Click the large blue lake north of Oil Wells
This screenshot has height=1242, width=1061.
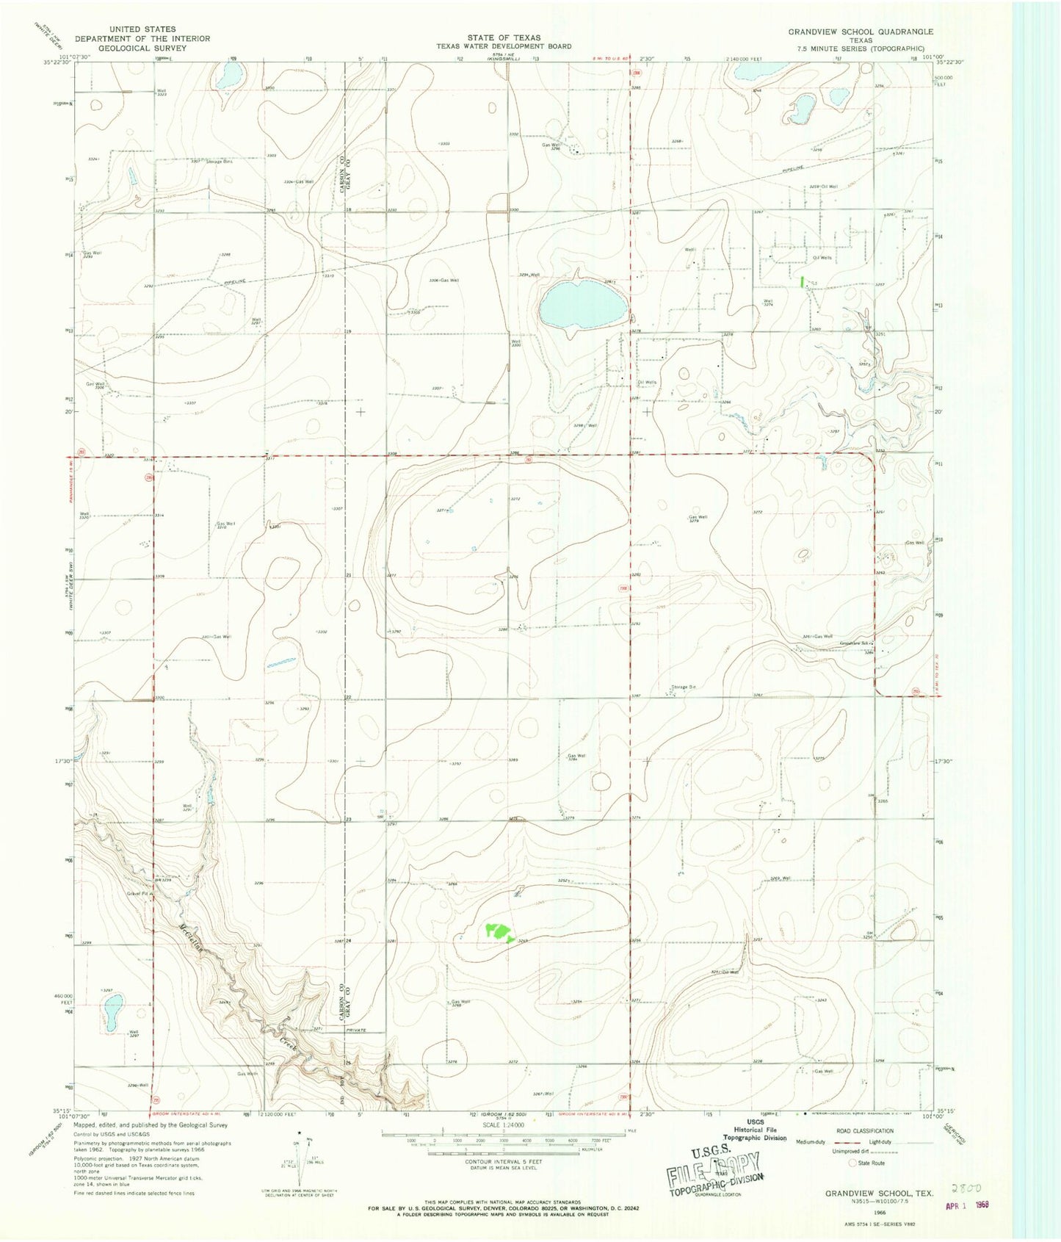582,306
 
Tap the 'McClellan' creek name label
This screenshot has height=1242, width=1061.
189,942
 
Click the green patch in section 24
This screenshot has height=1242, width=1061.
499,932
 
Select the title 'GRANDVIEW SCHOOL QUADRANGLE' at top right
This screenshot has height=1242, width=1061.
861,32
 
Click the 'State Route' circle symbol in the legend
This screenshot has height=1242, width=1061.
852,1163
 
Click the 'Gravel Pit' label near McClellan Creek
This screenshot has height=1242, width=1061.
139,893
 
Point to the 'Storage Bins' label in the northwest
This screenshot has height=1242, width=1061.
219,162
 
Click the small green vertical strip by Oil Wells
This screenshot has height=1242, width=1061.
802,281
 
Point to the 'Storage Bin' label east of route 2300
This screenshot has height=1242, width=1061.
684,687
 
